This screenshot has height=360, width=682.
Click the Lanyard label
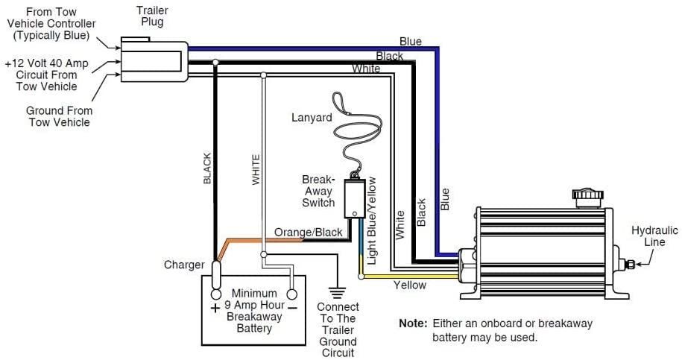pyautogui.click(x=312, y=117)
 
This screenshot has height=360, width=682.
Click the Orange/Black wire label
pyautogui.click(x=308, y=233)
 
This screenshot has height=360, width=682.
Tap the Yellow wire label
pyautogui.click(x=409, y=285)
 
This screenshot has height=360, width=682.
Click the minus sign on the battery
pyautogui.click(x=293, y=307)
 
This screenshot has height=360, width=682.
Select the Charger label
pyautogui.click(x=183, y=265)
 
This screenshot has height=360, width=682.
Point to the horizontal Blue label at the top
pyautogui.click(x=410, y=42)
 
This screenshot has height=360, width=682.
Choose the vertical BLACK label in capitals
pyautogui.click(x=207, y=168)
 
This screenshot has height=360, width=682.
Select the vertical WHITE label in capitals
pyautogui.click(x=255, y=171)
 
